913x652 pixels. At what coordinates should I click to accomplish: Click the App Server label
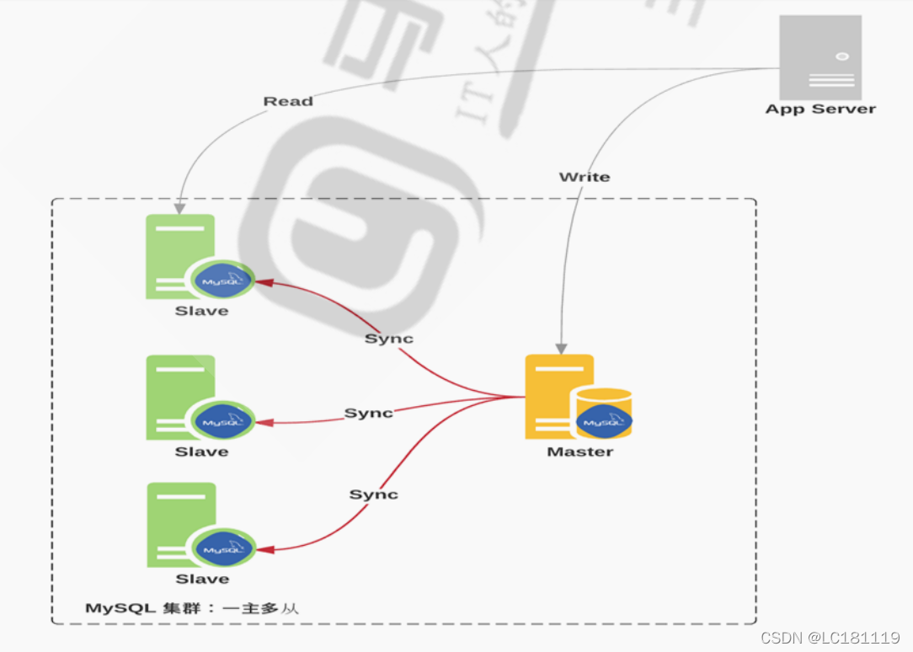[820, 109]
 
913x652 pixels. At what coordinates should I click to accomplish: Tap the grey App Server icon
[820, 57]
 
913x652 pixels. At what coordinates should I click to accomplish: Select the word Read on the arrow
[288, 101]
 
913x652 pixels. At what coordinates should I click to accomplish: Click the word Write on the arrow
[584, 177]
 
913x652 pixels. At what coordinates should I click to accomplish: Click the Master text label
[580, 452]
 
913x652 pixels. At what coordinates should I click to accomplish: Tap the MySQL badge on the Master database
[605, 420]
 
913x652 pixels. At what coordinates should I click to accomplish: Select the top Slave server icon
[180, 256]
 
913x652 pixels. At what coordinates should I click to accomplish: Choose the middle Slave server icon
[180, 397]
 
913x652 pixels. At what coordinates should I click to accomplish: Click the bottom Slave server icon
[181, 524]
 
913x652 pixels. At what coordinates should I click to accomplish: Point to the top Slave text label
[201, 311]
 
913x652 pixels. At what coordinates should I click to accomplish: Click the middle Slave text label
[201, 452]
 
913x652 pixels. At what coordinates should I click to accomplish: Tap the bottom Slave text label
[202, 579]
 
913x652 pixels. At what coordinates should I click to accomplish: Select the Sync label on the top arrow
[388, 339]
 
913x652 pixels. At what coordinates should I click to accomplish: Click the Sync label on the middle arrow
[368, 414]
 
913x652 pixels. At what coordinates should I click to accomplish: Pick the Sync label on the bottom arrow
[373, 494]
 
